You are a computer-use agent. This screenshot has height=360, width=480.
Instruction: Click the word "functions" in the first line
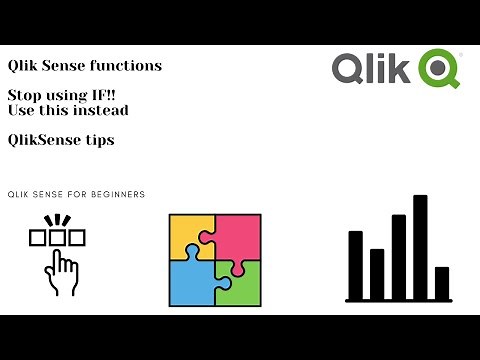127,66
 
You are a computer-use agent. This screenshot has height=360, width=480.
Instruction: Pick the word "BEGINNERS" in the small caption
117,194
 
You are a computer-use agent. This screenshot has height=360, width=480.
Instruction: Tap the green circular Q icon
439,69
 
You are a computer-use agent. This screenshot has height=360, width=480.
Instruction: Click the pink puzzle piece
238,236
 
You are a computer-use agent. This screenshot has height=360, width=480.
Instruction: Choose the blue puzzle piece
191,282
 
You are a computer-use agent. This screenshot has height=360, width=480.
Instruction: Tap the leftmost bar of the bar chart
355,264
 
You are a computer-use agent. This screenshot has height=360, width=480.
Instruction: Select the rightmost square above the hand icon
78,238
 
